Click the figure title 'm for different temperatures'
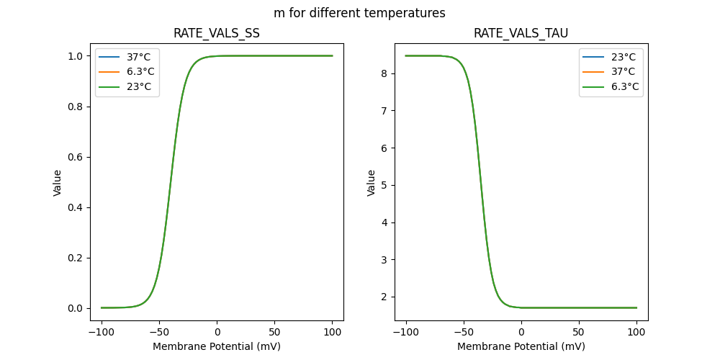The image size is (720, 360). pos(359,13)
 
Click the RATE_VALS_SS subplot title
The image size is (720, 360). pos(217,33)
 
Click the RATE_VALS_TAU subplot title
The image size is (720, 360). pos(521,33)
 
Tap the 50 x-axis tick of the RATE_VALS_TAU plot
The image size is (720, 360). pos(579,333)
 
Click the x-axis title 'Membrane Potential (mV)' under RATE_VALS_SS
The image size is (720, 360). pos(217,346)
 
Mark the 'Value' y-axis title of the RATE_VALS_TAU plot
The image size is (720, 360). pos(372,182)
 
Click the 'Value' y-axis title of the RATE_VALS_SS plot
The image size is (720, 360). pos(58,182)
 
